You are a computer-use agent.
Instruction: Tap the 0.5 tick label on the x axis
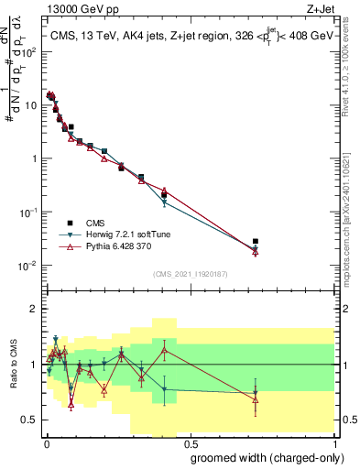pyautogui.click(x=189, y=442)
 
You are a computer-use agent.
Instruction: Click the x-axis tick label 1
pyautogui.click(x=334, y=442)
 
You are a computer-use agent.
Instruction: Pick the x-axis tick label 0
pyautogui.click(x=46, y=442)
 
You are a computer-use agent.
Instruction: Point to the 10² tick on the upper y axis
pyautogui.click(x=30, y=51)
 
